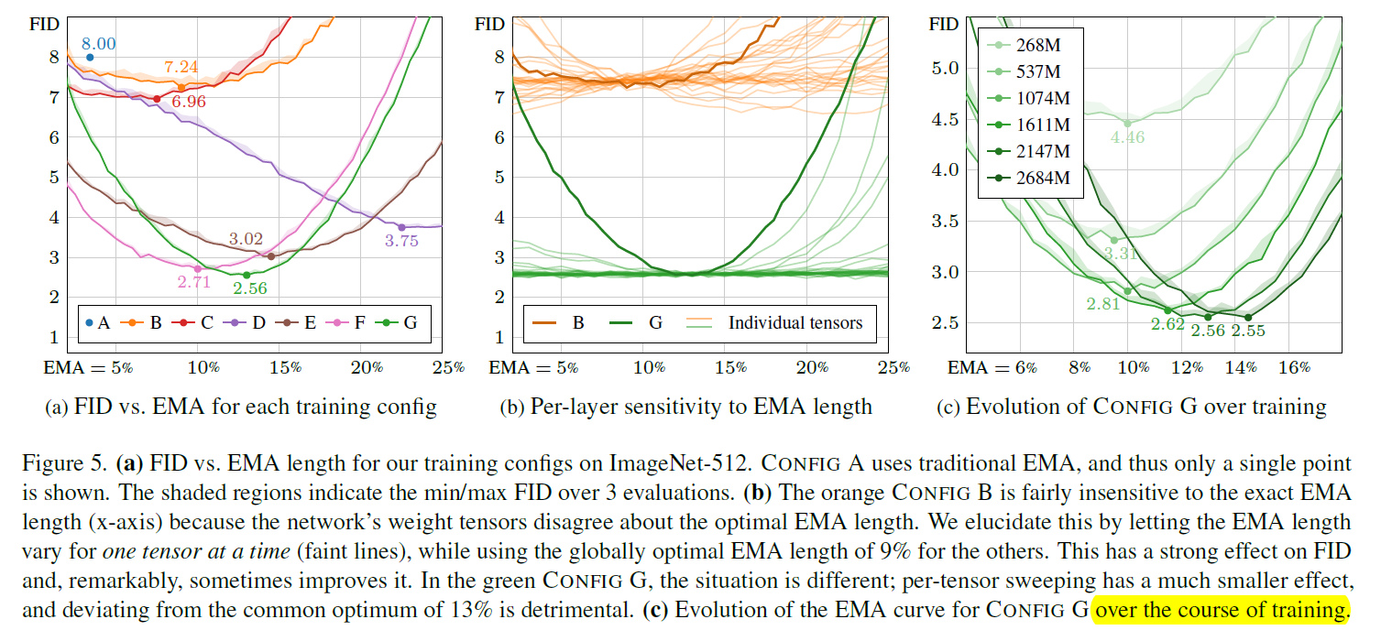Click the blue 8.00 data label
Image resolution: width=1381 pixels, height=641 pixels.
pos(98,43)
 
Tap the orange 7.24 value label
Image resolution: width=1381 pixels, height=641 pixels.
pos(181,68)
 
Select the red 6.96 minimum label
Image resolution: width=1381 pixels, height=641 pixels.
pos(188,102)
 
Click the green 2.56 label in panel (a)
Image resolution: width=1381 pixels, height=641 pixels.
pos(251,288)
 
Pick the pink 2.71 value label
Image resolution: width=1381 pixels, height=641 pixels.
pos(194,282)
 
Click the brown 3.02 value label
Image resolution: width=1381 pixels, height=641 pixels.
pos(246,240)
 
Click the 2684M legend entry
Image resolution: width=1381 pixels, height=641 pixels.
pos(1042,178)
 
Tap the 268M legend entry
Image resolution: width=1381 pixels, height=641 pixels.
pos(1037,45)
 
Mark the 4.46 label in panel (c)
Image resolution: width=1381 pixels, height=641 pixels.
pos(1126,138)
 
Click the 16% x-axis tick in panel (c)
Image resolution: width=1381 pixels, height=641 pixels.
pos(1294,368)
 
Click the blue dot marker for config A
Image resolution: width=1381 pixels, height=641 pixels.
pos(90,58)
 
